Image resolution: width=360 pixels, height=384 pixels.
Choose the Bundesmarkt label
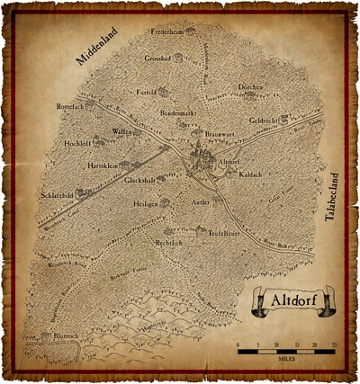click(177, 114)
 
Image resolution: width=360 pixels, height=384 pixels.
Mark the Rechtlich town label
click(169, 244)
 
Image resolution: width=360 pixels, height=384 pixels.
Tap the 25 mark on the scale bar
click(334, 344)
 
